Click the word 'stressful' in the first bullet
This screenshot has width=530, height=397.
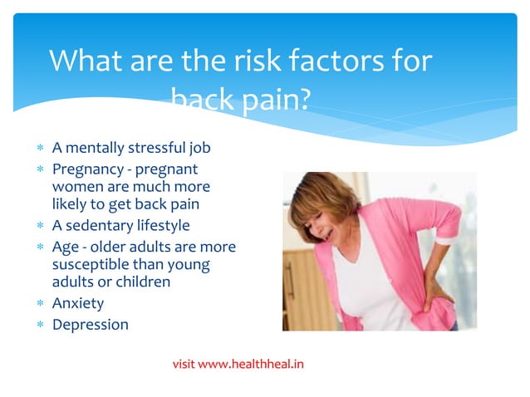[157, 148]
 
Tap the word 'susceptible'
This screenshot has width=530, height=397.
[91, 264]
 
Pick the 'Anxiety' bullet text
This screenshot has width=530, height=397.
[78, 303]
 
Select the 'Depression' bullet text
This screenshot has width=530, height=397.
[91, 324]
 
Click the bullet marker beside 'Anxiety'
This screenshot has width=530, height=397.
[40, 304]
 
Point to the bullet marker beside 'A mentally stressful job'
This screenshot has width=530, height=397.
[40, 149]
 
